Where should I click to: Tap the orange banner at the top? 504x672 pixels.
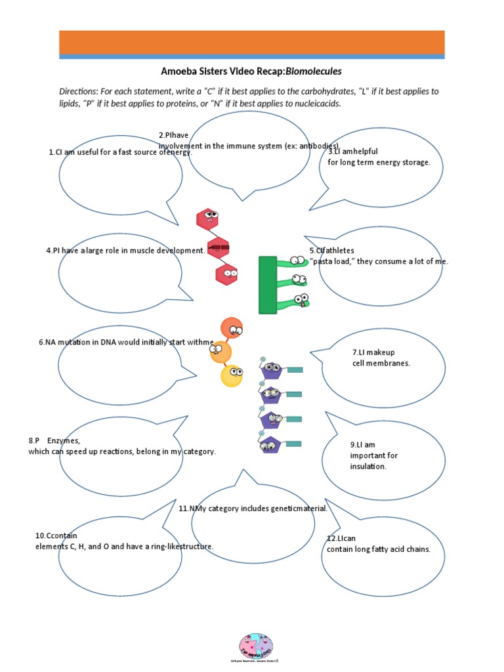[x=252, y=42]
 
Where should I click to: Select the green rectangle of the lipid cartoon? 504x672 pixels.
[x=268, y=285]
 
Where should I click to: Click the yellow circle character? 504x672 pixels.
[x=232, y=375]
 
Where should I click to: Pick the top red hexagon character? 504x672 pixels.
[x=208, y=219]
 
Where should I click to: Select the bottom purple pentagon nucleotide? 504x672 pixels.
[x=270, y=444]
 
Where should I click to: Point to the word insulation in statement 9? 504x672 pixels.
[x=368, y=467]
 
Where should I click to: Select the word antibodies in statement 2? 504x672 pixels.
[x=318, y=146]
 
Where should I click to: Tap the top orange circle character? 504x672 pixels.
[x=232, y=327]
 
